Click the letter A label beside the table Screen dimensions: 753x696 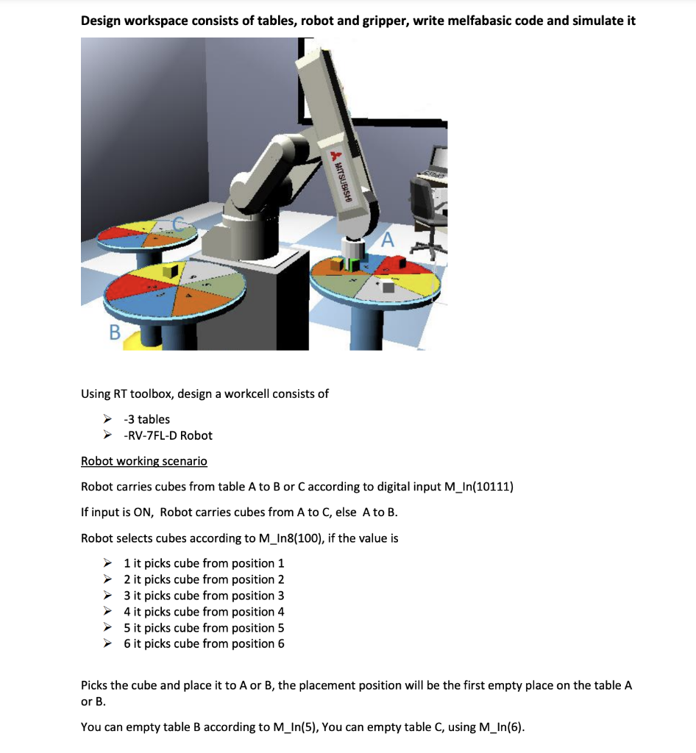point(388,239)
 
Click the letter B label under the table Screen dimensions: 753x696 point(114,333)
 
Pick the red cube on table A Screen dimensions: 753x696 point(402,262)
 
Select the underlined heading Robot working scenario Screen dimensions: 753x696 point(143,461)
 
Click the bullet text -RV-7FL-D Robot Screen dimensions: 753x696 point(168,435)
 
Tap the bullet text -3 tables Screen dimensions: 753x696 point(146,419)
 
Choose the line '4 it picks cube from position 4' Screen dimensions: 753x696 point(204,612)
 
